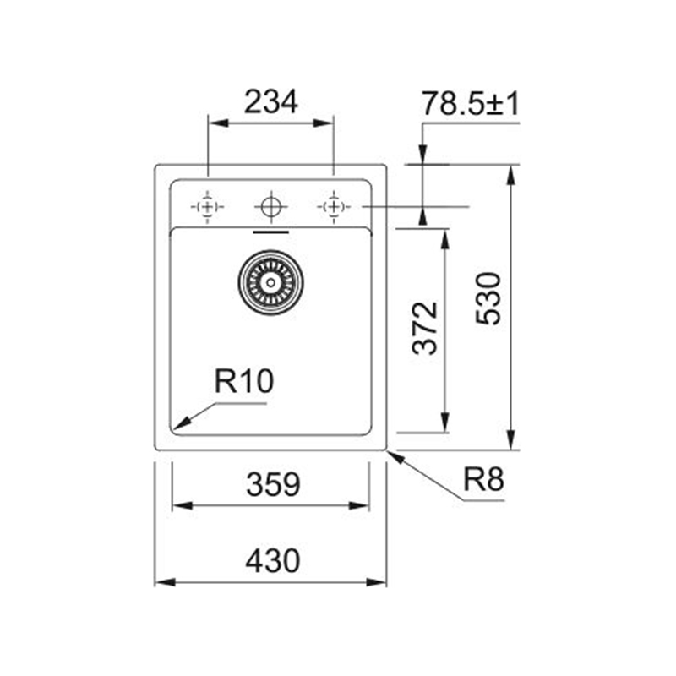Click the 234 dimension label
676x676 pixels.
pyautogui.click(x=270, y=102)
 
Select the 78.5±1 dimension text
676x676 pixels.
pyautogui.click(x=471, y=103)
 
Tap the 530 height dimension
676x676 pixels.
pyautogui.click(x=488, y=298)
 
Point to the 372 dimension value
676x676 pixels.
pyautogui.click(x=425, y=328)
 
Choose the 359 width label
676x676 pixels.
pyautogui.click(x=273, y=484)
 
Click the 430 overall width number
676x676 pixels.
pyautogui.click(x=272, y=560)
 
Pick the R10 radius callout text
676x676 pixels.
pyautogui.click(x=244, y=381)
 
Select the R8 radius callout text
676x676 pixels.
pyautogui.click(x=483, y=479)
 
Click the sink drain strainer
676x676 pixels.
pyautogui.click(x=270, y=282)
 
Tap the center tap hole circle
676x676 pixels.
pyautogui.click(x=270, y=207)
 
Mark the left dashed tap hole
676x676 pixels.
pyautogui.click(x=207, y=207)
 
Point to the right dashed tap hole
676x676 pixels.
pyautogui.click(x=334, y=207)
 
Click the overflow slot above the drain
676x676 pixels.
pyautogui.click(x=270, y=232)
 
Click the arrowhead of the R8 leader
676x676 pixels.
pyautogui.click(x=396, y=457)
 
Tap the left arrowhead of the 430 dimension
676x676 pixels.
pyautogui.click(x=165, y=582)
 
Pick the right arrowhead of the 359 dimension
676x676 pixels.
pyautogui.click(x=358, y=505)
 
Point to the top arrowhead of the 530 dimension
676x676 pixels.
pyautogui.click(x=511, y=175)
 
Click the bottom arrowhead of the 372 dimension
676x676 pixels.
pyautogui.click(x=445, y=422)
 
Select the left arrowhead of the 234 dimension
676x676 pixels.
pyautogui.click(x=219, y=123)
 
